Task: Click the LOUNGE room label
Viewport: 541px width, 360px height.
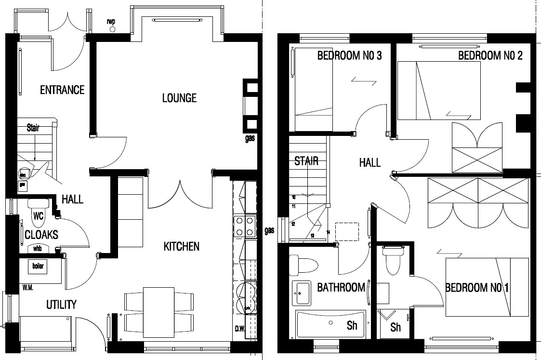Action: pos(179,98)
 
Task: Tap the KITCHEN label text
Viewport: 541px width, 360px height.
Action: pos(182,247)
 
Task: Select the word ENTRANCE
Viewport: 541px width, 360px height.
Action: pos(62,90)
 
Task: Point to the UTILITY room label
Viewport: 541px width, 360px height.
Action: pos(61,305)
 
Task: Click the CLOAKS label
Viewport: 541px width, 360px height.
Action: pos(41,235)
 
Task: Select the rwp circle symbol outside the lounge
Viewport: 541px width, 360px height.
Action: pos(113,29)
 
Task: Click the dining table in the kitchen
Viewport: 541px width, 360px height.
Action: pos(159,311)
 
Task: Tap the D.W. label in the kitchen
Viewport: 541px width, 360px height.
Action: pos(240,330)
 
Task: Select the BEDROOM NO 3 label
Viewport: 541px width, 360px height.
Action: pos(349,56)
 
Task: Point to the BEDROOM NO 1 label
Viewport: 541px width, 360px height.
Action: pos(477,288)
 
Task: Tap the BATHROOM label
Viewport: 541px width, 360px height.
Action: pos(341,288)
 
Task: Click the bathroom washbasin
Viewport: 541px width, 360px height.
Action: pos(302,293)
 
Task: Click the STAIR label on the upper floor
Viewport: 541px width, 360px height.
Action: pos(306,161)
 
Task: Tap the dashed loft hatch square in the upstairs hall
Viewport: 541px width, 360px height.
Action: pos(347,232)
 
